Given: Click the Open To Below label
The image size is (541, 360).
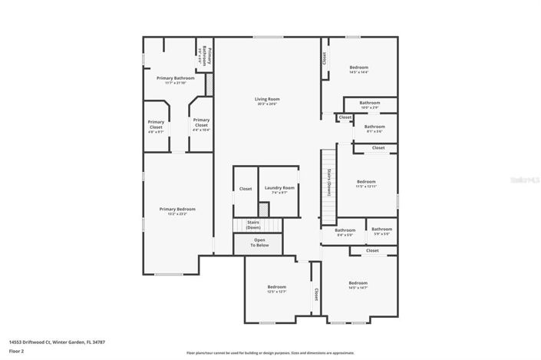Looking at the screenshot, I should (x=260, y=243).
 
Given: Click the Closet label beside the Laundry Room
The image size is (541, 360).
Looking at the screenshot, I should (x=246, y=189).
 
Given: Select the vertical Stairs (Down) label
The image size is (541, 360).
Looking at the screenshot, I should (x=328, y=183).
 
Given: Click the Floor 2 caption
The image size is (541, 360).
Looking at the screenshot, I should (x=16, y=351).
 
